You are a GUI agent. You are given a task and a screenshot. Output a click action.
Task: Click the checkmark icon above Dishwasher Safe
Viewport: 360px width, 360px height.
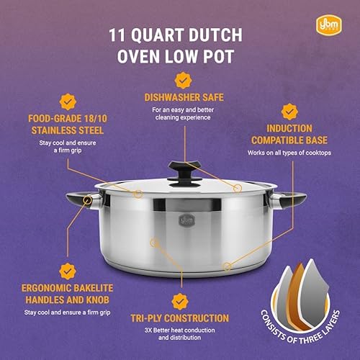[183, 79]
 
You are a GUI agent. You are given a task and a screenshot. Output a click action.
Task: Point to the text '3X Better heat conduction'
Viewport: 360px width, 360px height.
[183, 330]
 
